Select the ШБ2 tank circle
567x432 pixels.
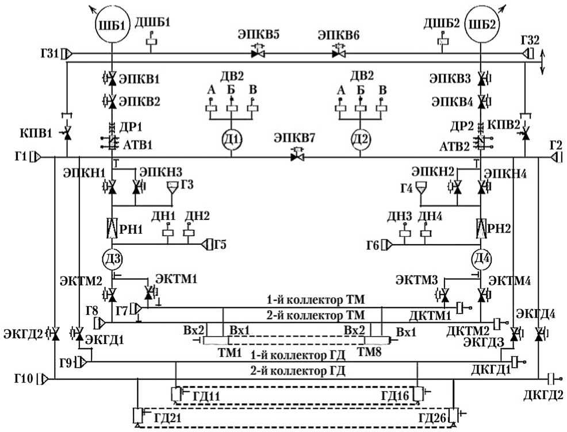pos(481,27)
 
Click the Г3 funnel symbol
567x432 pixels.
pos(172,187)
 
